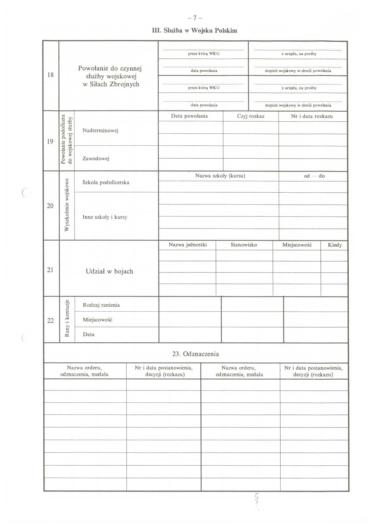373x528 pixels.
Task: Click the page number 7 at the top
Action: pos(195,18)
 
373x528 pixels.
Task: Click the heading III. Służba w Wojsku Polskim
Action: pos(195,31)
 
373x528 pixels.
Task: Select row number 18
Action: pos(51,75)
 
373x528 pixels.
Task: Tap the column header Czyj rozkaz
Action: pos(251,116)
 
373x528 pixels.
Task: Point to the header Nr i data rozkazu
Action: pos(312,116)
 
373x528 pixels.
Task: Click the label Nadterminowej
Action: pos(100,130)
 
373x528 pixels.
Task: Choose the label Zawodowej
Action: pos(96,158)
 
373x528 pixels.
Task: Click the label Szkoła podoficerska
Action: pos(106,182)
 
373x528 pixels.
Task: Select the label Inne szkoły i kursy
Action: pos(105,217)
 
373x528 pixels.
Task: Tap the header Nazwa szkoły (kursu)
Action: pos(220,176)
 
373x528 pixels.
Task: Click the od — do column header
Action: pos(314,176)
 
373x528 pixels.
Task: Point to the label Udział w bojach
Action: pos(109,272)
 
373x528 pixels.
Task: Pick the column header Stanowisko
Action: pos(244,245)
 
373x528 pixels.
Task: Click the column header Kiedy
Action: pos(335,245)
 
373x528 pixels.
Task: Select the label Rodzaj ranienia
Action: pos(101,305)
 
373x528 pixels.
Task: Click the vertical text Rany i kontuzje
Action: pos(67,318)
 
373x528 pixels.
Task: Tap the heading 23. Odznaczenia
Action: pos(196,354)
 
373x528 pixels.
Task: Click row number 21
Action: pos(50,270)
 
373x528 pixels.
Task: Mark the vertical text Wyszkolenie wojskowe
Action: pos(67,205)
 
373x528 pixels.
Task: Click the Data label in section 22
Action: pos(89,334)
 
